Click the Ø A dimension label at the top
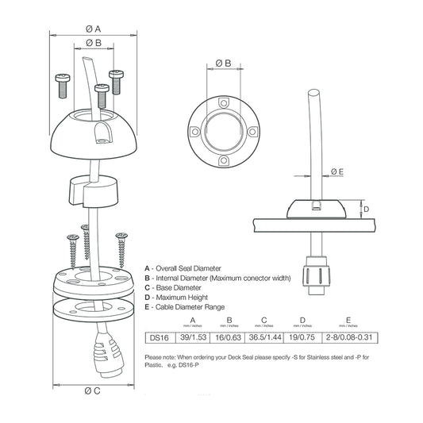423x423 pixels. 92,29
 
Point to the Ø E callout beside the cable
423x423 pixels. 336,171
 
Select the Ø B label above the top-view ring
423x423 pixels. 223,63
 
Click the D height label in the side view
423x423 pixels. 365,209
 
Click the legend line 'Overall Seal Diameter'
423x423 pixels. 188,268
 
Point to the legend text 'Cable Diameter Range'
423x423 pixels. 190,306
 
